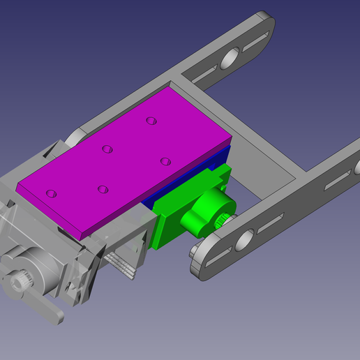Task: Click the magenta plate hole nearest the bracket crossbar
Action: [x=150, y=121]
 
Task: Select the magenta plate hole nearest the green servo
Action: [x=165, y=161]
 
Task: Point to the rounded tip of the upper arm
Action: [x=268, y=21]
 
